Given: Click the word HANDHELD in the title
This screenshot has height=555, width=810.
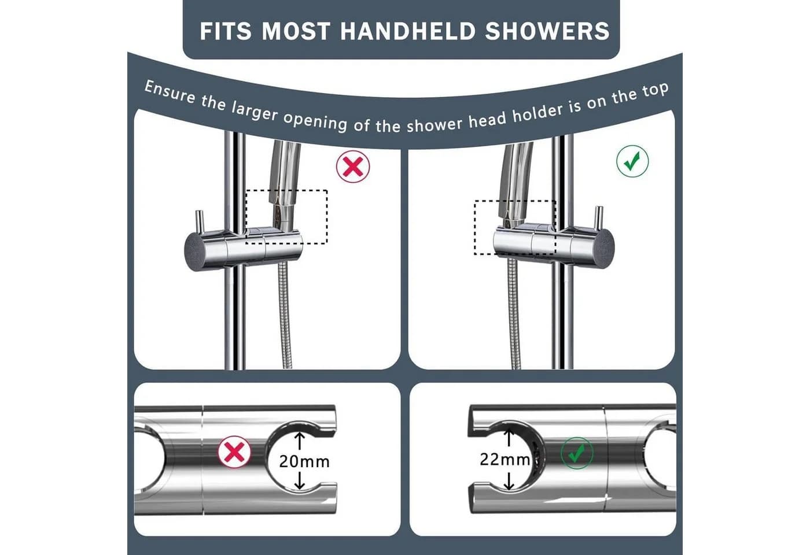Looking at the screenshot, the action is (407, 31).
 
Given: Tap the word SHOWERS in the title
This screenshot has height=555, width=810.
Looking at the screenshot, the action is (547, 31).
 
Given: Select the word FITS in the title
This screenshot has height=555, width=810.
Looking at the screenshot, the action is (226, 31).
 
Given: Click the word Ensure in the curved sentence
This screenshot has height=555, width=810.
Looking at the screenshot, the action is (170, 92).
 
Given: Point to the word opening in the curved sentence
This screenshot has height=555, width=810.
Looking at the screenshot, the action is (315, 121).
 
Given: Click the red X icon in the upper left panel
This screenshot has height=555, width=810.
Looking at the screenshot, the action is (353, 166).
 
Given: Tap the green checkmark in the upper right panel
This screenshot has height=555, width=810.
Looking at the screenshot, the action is (632, 161).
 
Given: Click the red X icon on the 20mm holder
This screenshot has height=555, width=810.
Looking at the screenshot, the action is (234, 452).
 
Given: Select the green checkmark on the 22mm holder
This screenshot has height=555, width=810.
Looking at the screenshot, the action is (577, 453).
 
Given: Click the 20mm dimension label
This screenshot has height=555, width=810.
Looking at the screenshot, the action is (304, 462).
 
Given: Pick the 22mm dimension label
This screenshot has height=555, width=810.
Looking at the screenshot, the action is (505, 460).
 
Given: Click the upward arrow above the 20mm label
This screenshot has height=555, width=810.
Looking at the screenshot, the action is (300, 441).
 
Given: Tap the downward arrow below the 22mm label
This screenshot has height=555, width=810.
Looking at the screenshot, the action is (509, 481).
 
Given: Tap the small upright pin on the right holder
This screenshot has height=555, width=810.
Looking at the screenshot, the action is (599, 217).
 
